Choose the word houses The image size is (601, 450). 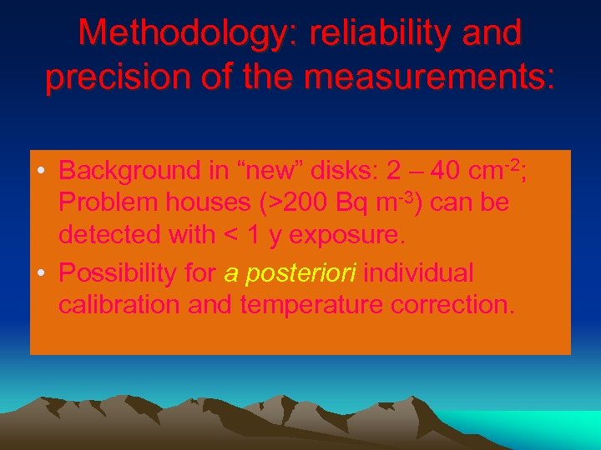(201, 203)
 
